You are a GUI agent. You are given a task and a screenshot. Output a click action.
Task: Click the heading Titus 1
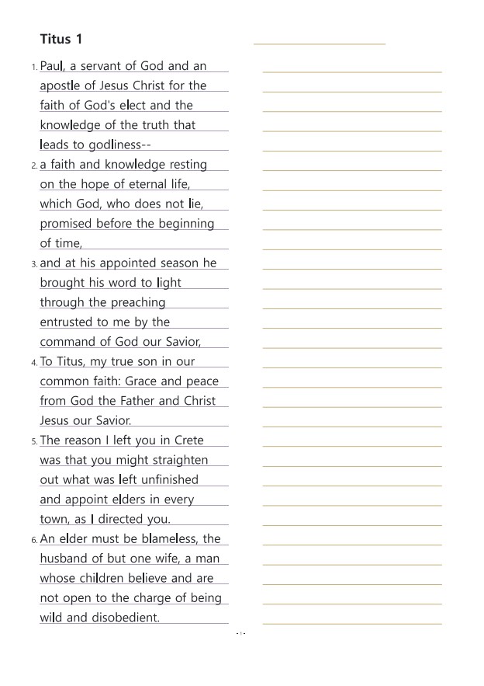click(x=60, y=39)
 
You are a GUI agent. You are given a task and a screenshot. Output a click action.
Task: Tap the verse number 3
click(x=34, y=264)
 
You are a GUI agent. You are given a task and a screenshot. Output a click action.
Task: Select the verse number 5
click(x=34, y=441)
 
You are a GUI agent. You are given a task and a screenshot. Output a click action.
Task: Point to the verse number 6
click(x=34, y=540)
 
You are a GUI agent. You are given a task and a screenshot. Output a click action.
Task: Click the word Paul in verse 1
click(x=52, y=66)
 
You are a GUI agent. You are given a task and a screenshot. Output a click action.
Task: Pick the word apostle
click(x=62, y=86)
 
